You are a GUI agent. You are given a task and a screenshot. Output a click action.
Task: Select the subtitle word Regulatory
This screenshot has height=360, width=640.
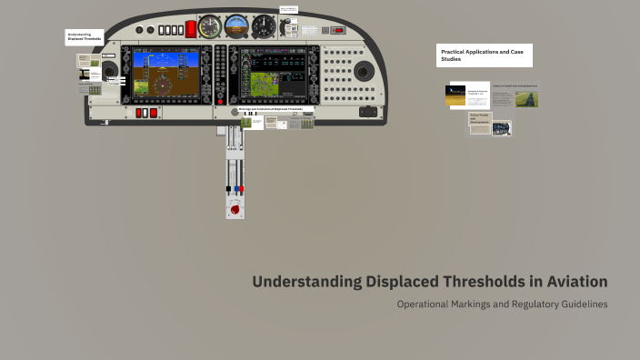pyautogui.click(x=523, y=304)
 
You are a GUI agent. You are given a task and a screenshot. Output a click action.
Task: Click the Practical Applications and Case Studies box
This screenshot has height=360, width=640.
pyautogui.click(x=484, y=55)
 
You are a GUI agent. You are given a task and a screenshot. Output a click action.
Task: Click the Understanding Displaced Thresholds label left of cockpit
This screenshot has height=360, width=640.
pyautogui.click(x=85, y=37)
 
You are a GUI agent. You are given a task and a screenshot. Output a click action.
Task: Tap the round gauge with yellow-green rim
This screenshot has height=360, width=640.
pyautogui.click(x=210, y=25)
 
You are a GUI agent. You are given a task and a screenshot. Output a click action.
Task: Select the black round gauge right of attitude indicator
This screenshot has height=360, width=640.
pyautogui.click(x=264, y=25)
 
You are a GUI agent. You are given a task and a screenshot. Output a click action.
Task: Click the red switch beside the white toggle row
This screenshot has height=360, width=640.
pyautogui.click(x=191, y=29)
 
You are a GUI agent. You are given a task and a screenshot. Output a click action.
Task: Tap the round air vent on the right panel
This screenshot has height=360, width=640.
pyautogui.click(x=363, y=72)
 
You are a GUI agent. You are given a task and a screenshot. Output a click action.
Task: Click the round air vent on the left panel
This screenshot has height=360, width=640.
pyautogui.click(x=109, y=70)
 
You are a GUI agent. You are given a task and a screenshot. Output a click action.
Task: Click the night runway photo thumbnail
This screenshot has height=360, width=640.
pyautogui.click(x=455, y=94)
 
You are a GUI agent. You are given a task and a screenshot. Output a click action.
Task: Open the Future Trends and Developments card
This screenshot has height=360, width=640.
pyautogui.click(x=480, y=122)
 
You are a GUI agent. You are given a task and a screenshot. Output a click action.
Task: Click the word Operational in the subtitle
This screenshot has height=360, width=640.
pyautogui.click(x=428, y=304)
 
